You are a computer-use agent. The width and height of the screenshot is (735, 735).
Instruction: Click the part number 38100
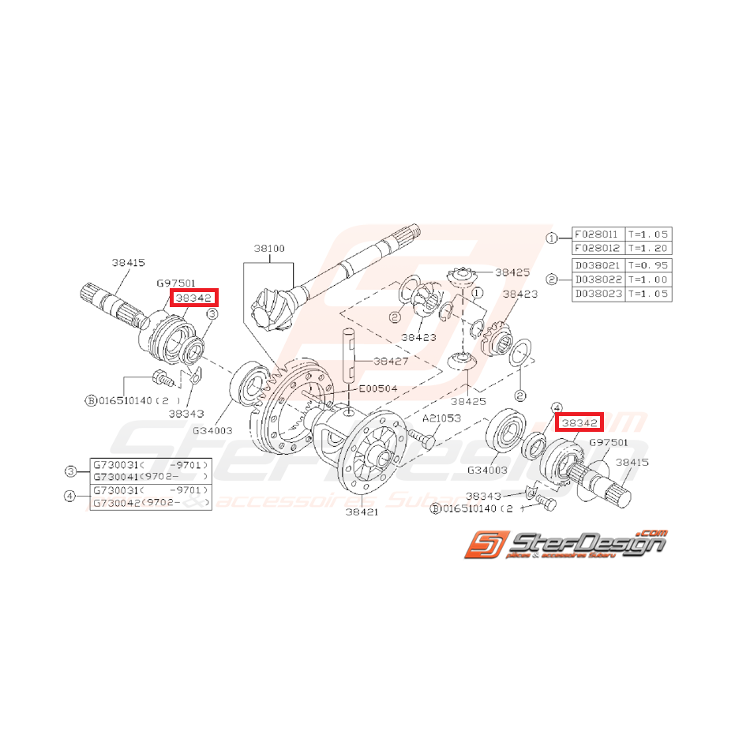tap(268, 248)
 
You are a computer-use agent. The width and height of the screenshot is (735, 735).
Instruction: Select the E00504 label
tap(378, 388)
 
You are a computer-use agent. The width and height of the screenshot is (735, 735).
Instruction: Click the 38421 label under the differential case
tap(362, 512)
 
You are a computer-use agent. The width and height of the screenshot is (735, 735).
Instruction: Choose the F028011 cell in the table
tap(597, 234)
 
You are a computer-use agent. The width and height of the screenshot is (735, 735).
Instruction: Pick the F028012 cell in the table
tap(597, 248)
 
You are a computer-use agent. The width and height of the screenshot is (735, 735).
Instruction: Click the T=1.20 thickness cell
tap(648, 248)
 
